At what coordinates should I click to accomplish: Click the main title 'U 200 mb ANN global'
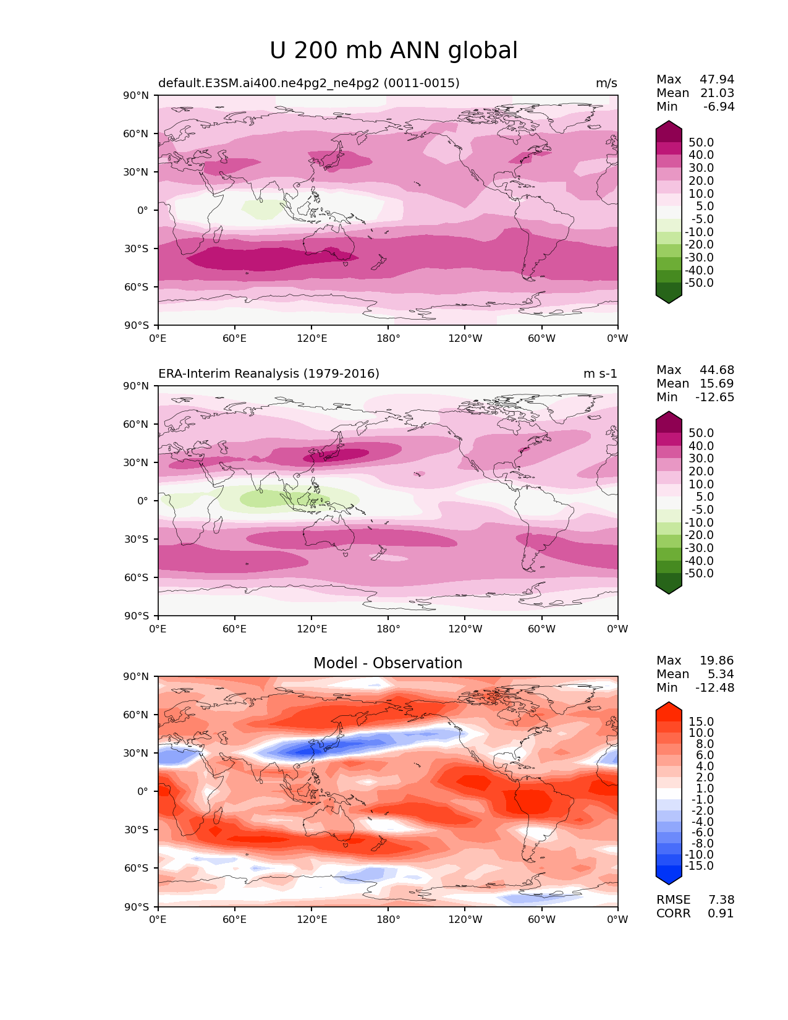[393, 50]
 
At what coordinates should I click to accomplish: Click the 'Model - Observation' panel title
[388, 663]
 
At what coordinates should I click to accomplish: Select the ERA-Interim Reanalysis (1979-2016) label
[269, 373]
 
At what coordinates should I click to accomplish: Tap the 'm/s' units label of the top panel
[606, 83]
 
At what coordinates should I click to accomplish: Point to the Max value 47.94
[717, 79]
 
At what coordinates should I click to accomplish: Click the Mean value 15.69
[717, 383]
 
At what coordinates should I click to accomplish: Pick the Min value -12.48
[715, 687]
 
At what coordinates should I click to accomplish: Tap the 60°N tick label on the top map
[135, 134]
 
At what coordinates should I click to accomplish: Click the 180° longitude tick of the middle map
[388, 629]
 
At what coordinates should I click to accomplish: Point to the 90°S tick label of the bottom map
[136, 906]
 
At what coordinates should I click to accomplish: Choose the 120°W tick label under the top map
[465, 338]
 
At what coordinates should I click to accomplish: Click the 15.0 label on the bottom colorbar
[701, 721]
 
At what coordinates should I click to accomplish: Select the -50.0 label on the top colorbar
[699, 283]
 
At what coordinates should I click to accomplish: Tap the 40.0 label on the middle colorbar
[701, 446]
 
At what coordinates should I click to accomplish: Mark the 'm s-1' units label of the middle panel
[600, 373]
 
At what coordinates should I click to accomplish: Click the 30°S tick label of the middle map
[136, 539]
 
